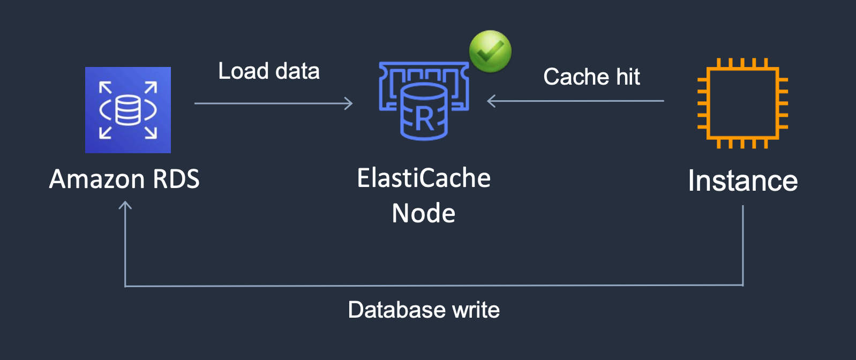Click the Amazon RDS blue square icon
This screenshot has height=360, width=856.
pyautogui.click(x=128, y=110)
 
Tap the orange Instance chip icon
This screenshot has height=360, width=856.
pyautogui.click(x=742, y=103)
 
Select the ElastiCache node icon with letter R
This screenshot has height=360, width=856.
pyautogui.click(x=424, y=102)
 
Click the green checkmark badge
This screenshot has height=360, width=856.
pyautogui.click(x=490, y=51)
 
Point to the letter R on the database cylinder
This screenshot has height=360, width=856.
pyautogui.click(x=425, y=119)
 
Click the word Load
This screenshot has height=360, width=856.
pyautogui.click(x=243, y=71)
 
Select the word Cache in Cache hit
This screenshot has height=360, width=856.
pyautogui.click(x=576, y=77)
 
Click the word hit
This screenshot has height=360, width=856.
pyautogui.click(x=628, y=77)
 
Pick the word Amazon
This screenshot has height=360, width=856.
pyautogui.click(x=97, y=179)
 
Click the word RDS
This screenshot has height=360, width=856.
pyautogui.click(x=176, y=179)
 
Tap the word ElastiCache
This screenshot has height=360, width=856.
pyautogui.click(x=424, y=178)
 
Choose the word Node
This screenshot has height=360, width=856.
pyautogui.click(x=424, y=213)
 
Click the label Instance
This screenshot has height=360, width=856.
pyautogui.click(x=742, y=181)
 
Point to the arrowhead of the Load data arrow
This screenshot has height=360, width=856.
pyautogui.click(x=349, y=103)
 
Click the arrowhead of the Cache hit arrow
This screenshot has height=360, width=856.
pyautogui.click(x=491, y=101)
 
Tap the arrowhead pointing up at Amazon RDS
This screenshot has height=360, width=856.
pyautogui.click(x=125, y=205)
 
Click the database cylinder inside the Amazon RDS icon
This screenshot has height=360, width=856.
pyautogui.click(x=128, y=110)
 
